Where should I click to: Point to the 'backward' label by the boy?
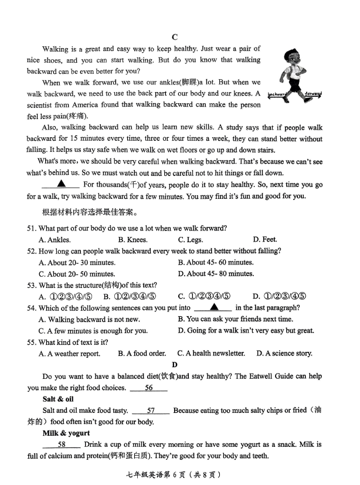tap(277, 94)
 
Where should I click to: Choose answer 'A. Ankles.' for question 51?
tap(55, 239)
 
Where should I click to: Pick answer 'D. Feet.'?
tap(265, 239)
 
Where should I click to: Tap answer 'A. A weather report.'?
tap(69, 353)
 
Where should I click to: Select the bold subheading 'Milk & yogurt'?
tap(66, 433)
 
